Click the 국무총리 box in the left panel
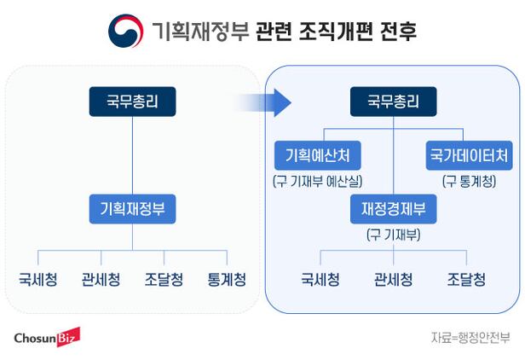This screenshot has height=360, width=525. click(x=132, y=102)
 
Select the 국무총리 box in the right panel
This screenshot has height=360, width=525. click(x=393, y=102)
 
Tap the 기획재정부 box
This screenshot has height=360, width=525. click(x=132, y=207)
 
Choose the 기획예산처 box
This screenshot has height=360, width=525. click(x=318, y=155)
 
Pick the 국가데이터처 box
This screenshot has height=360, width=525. click(x=469, y=155)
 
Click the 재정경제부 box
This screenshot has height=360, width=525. click(x=393, y=207)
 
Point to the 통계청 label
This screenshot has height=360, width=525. click(x=227, y=279)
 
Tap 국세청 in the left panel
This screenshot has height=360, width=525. click(x=38, y=279)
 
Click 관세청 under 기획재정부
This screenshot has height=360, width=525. click(x=101, y=279)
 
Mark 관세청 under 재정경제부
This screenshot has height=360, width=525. click(x=393, y=279)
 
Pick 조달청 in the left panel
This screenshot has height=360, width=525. click(x=164, y=279)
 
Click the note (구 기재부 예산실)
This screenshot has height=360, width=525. click(x=318, y=181)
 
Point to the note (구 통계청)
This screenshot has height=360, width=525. click(x=469, y=181)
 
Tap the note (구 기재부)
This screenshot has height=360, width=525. click(x=393, y=233)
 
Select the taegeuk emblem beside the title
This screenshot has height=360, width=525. click(x=125, y=32)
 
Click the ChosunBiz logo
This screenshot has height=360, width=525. click(x=46, y=338)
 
